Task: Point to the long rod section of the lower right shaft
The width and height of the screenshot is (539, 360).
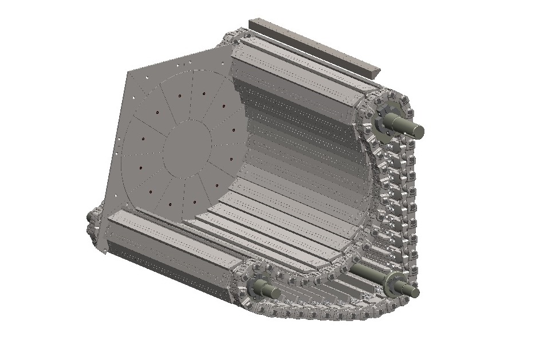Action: (x=372, y=273)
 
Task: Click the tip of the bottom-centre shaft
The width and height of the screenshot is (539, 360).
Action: (x=274, y=293)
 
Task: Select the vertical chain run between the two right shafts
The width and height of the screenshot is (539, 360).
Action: (x=404, y=206)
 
